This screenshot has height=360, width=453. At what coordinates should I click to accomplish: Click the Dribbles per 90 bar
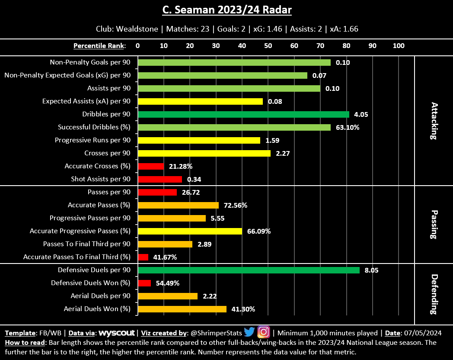pos(243,114)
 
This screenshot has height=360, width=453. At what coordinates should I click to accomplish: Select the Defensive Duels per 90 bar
pos(249,270)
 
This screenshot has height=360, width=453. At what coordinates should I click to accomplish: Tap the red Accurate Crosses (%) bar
pos(151,166)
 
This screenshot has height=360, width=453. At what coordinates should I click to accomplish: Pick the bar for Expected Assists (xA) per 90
pos(200,101)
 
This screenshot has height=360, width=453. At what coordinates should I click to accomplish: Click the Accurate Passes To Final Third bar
pos(143,257)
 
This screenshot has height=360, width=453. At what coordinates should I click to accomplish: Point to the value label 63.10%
pos(348,127)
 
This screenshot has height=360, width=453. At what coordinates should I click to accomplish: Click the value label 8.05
pos(372,270)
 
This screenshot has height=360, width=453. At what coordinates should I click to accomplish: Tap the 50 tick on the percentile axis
pos(268,45)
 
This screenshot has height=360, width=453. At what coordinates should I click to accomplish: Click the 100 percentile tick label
pos(398,45)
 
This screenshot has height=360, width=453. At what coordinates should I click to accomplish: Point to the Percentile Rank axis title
pos(99,45)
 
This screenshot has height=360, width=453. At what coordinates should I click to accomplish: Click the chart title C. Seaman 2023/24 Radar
pos(226,10)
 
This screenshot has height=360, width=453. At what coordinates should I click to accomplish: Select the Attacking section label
pos(434,121)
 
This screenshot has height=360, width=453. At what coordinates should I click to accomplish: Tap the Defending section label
pos(434,294)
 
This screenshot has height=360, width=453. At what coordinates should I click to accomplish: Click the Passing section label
pos(434,225)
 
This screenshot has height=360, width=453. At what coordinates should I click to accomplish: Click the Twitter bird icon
pos(249,332)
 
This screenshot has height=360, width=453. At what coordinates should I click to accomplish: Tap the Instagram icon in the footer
pos(264,332)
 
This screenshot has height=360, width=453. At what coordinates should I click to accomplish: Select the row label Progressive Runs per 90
pos(93,140)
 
